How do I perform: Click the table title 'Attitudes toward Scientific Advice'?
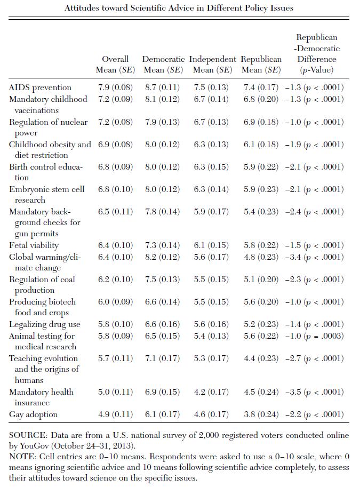coord(179,8)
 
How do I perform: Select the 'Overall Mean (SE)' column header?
coord(115,64)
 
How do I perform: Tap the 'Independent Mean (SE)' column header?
coord(212,64)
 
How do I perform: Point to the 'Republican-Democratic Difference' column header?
coord(317,53)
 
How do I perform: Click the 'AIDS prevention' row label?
coord(40,87)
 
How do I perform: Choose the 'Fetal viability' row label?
coord(34,245)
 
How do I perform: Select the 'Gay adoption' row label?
coord(33,414)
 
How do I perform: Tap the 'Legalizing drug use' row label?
coord(45,324)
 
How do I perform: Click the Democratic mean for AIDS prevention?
coord(162,87)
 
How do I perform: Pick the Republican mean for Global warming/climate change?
coord(260,257)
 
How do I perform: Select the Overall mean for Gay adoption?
coord(115,414)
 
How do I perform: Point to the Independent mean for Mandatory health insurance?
coord(210,392)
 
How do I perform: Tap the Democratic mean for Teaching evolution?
coord(162,358)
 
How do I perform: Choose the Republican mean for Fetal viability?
coord(260,245)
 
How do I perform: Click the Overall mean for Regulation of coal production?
coord(115,280)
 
